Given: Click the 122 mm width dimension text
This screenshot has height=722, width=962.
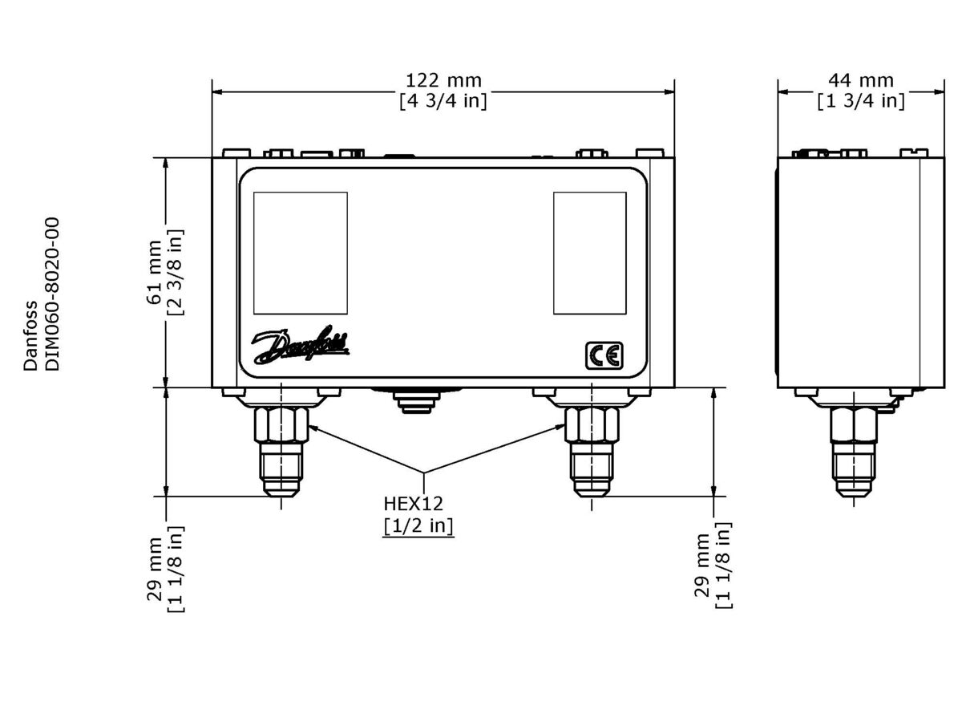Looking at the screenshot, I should [443, 80].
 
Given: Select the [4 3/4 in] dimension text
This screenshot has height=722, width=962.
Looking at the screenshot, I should [443, 101].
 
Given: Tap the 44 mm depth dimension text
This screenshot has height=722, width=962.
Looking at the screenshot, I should [860, 80].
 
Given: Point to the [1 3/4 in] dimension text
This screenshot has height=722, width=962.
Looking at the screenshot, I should [860, 101].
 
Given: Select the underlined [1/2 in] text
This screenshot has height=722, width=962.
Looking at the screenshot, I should [418, 526].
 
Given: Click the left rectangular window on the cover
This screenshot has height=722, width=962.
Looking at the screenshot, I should [301, 253].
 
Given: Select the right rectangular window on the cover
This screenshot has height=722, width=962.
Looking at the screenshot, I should [590, 253].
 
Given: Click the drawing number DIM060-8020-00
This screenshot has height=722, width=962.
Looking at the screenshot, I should [52, 293].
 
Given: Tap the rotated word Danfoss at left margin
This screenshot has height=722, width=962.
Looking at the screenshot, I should [30, 335].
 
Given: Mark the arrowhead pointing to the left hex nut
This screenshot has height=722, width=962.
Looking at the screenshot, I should [313, 428].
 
